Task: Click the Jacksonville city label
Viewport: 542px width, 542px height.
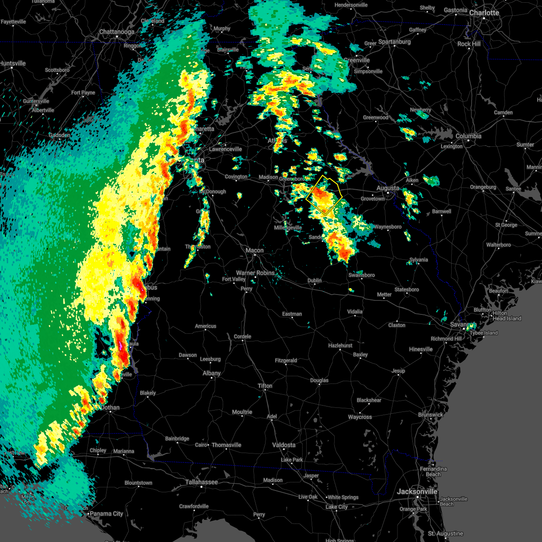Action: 417,491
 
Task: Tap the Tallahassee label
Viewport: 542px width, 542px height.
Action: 201,482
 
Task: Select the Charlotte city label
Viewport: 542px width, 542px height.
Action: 484,13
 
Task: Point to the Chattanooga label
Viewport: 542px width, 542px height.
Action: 117,32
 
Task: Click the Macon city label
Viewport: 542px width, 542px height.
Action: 255,250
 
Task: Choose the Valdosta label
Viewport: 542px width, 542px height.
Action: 284,445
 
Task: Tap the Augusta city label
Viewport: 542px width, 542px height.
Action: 388,188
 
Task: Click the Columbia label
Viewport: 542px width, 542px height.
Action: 468,136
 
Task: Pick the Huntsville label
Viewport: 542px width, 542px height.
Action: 13,64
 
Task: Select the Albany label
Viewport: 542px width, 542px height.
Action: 211,373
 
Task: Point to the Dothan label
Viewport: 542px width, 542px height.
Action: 110,407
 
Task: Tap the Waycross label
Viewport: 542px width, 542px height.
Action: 360,417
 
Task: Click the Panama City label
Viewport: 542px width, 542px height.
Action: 106,514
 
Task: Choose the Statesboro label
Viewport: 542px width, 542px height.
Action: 406,290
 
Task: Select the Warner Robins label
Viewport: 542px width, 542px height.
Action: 255,273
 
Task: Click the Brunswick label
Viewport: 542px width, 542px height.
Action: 430,415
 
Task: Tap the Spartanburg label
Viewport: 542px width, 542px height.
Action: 394,42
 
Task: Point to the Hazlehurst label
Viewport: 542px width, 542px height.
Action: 340,346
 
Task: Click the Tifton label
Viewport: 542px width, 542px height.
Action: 265,386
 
